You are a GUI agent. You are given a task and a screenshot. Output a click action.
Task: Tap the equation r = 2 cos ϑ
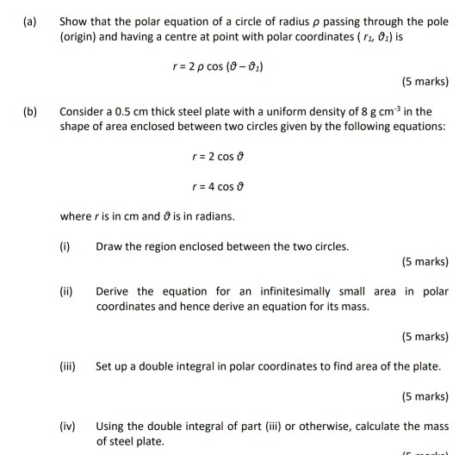(224, 157)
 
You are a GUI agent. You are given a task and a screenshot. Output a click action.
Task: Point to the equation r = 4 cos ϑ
(224, 186)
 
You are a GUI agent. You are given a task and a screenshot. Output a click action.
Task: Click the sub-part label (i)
(65, 246)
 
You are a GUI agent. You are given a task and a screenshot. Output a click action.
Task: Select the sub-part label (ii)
(66, 291)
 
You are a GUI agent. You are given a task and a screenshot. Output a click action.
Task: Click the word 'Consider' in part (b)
(83, 112)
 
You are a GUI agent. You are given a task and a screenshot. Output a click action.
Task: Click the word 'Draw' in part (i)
(109, 246)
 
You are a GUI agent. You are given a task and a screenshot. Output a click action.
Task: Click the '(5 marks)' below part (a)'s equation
(425, 83)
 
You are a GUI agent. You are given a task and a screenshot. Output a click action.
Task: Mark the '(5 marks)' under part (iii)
(425, 397)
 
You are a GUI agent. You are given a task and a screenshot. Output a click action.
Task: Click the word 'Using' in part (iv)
(111, 426)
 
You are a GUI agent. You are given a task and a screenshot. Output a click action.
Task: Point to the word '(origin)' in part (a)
(80, 39)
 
